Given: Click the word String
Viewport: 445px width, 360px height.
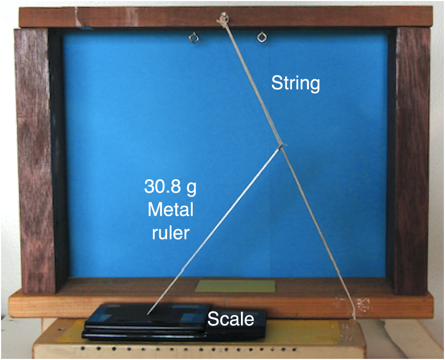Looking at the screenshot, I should click(296, 84).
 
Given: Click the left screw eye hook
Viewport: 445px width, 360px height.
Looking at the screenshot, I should click(193, 37).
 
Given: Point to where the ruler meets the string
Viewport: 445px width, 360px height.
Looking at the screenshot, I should click(281, 145).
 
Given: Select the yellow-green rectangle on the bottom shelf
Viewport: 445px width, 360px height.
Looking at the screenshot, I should click(236, 287).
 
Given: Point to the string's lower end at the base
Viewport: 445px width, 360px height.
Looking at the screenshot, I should click(355, 316).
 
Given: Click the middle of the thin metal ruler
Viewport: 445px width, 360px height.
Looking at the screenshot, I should click(214, 229).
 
